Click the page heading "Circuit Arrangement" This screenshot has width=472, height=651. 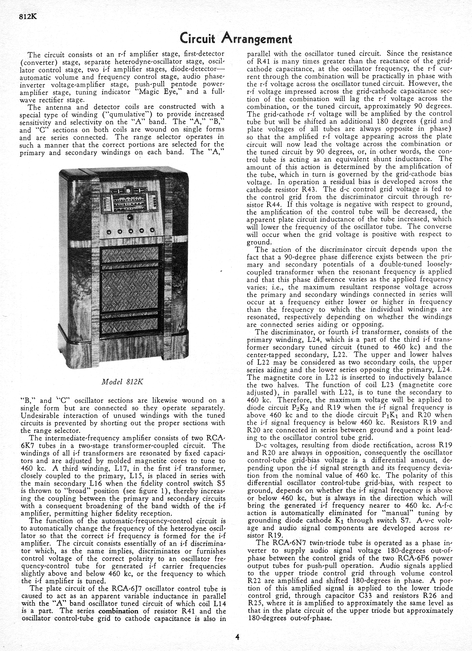[x=236, y=39]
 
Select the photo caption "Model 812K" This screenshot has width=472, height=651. [x=122, y=382]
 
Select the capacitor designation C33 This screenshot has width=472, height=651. [x=368, y=596]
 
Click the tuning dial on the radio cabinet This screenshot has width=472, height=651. [x=129, y=201]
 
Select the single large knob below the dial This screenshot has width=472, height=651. [x=129, y=217]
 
